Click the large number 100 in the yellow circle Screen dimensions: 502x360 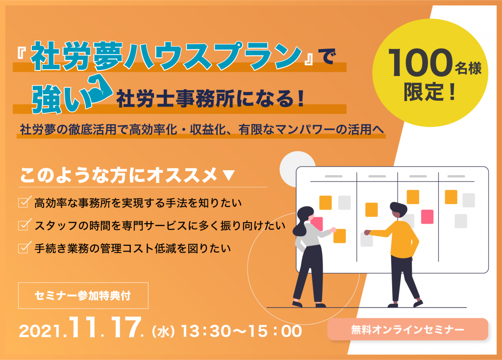point(420,63)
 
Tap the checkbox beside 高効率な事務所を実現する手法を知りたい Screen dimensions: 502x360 point(25,202)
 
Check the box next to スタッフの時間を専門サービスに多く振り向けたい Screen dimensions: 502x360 point(25,225)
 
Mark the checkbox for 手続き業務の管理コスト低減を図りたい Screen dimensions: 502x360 point(25,247)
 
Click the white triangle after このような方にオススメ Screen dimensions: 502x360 point(228,176)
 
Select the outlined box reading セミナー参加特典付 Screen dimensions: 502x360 point(83,296)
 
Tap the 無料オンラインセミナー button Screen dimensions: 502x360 point(407,329)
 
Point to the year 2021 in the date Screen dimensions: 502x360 point(40,331)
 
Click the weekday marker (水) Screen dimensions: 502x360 point(164,332)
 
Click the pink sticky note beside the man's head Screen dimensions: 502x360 point(427,216)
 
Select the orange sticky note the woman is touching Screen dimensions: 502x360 point(340,236)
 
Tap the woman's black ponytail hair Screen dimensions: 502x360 point(302,221)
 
